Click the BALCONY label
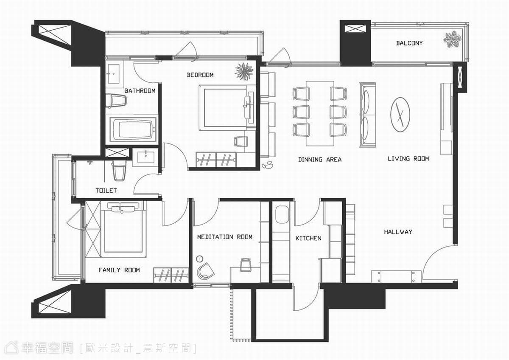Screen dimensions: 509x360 coord(409,43)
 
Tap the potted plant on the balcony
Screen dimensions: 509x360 coord(453,39)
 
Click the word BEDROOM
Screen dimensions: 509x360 coord(200,75)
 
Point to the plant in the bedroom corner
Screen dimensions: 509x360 coord(244,71)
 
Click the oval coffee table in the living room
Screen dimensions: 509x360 coord(400,115)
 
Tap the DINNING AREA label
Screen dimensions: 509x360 coord(320,160)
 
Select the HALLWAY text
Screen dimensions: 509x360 coord(398,232)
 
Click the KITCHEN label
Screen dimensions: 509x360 coord(308,238)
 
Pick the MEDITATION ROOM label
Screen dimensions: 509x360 coord(225,237)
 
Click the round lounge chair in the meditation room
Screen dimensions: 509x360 coord(205,271)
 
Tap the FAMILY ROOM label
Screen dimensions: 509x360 coord(119,270)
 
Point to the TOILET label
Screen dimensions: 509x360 coord(106,190)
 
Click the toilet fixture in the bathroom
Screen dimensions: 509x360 coord(116,101)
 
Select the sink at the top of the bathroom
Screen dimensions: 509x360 coord(113,74)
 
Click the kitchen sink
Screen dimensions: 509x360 coord(282,215)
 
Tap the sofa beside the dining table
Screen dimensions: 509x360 coord(368,115)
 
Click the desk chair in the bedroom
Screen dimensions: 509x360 coord(241,141)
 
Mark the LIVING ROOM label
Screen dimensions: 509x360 coord(408,158)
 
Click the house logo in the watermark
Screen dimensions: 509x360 coord(11,348)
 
